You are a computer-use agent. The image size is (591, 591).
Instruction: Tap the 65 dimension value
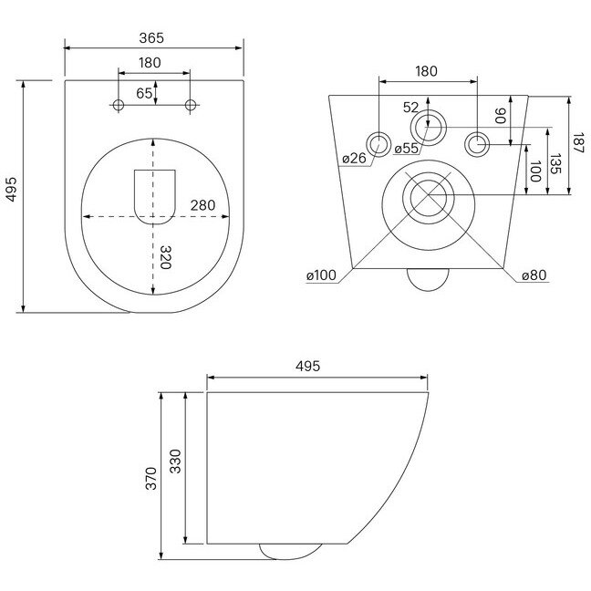pos(144,93)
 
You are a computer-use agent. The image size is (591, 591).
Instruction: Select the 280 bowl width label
pos(203,205)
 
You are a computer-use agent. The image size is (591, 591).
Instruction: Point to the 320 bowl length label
pos(166,258)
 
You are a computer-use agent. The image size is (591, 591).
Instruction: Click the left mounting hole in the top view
pos(118,106)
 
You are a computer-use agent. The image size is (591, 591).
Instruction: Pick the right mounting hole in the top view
pos(191,106)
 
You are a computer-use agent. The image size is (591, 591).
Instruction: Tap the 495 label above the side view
pos(310,366)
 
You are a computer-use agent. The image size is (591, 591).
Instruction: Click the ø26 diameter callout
pos(354,159)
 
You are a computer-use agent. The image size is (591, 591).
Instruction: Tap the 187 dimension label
pos(579,143)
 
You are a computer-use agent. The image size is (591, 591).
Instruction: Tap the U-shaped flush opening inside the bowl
pos(152,195)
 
